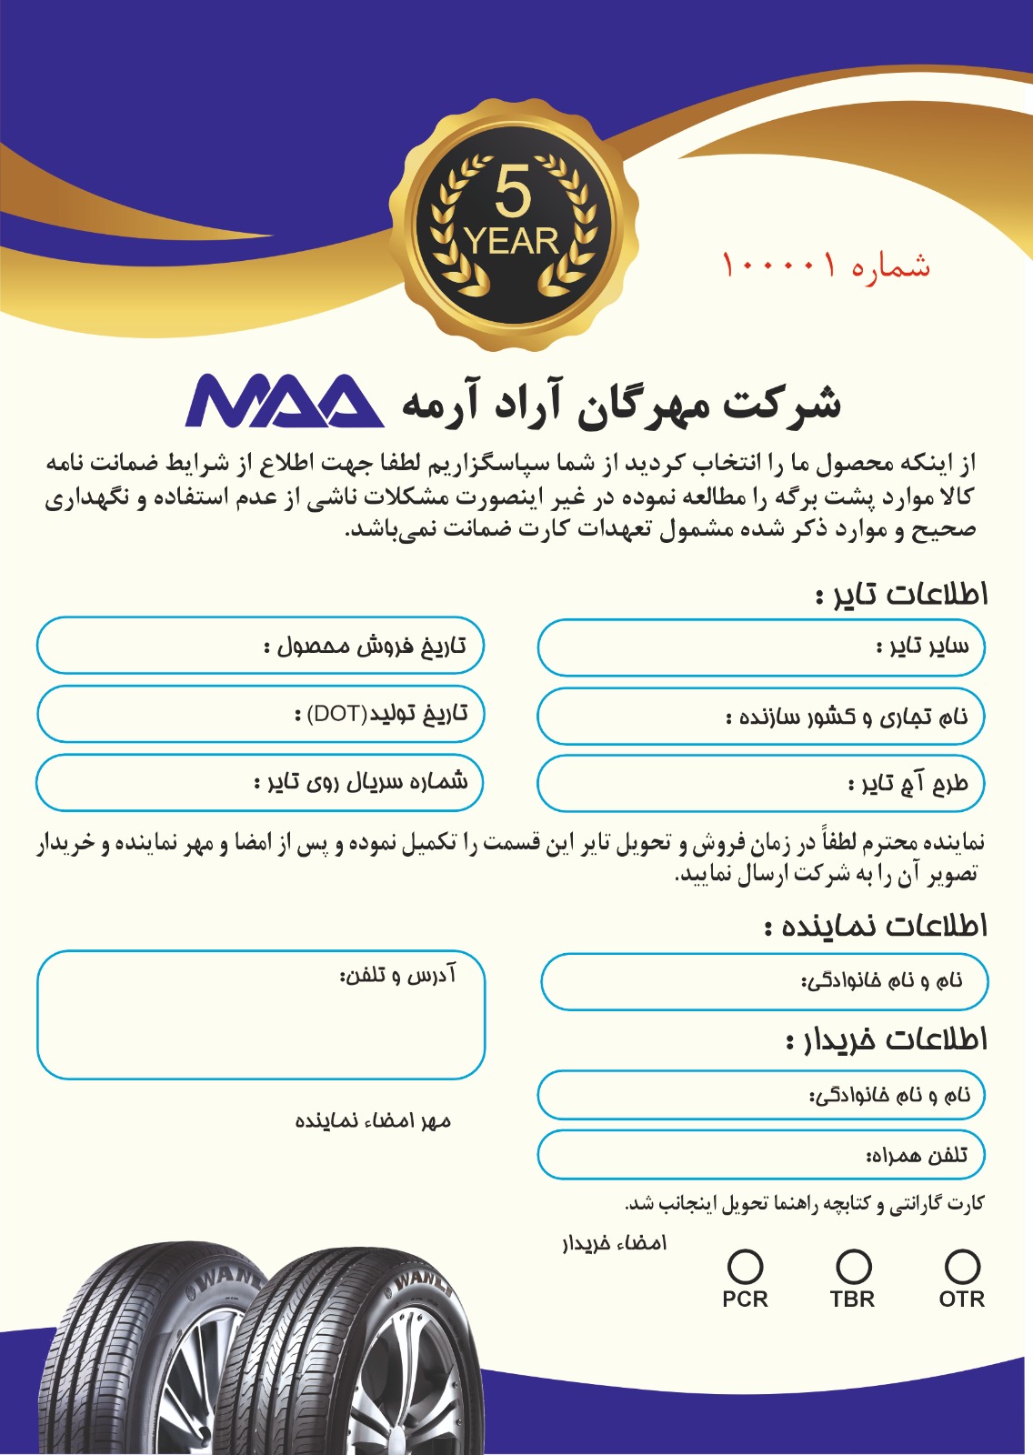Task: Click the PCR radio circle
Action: pos(745,1266)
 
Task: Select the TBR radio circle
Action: pos(853,1266)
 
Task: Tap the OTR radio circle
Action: pos(962,1266)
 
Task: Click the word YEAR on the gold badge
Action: pos(511,242)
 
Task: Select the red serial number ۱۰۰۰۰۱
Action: pos(778,266)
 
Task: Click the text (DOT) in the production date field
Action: pos(337,714)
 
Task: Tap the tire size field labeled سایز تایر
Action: pos(761,647)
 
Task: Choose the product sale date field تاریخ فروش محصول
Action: pos(260,646)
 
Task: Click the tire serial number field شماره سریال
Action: pos(260,782)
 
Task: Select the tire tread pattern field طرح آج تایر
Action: pos(761,783)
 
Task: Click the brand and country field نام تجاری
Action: pos(761,717)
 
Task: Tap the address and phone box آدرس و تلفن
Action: pos(261,1015)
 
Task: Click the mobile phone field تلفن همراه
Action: pos(761,1156)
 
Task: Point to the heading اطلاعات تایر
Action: pos(901,595)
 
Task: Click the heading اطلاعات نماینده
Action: pos(876,927)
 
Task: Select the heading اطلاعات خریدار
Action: pos(887,1039)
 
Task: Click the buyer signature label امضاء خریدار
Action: pos(614,1243)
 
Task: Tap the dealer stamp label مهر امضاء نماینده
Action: pos(373,1121)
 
